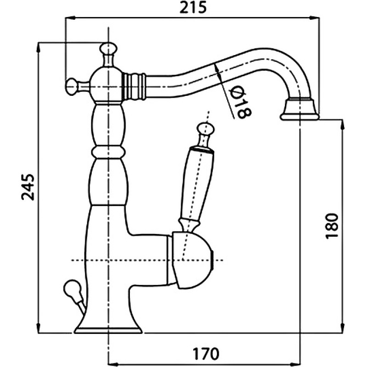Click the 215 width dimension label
pyautogui.click(x=193, y=7)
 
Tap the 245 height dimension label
pyautogui.click(x=28, y=187)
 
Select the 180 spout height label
pyautogui.click(x=332, y=226)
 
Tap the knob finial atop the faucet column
pyautogui.click(x=108, y=49)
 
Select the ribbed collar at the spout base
pyautogui.click(x=133, y=86)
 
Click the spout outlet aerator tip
pyautogui.click(x=300, y=110)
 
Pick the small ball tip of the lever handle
pyautogui.click(x=205, y=128)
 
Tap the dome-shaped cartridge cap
pyautogui.click(x=191, y=260)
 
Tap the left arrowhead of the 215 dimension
pyautogui.click(x=70, y=17)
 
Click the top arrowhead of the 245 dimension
pyautogui.click(x=38, y=48)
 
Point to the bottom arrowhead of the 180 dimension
pyautogui.click(x=343, y=328)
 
